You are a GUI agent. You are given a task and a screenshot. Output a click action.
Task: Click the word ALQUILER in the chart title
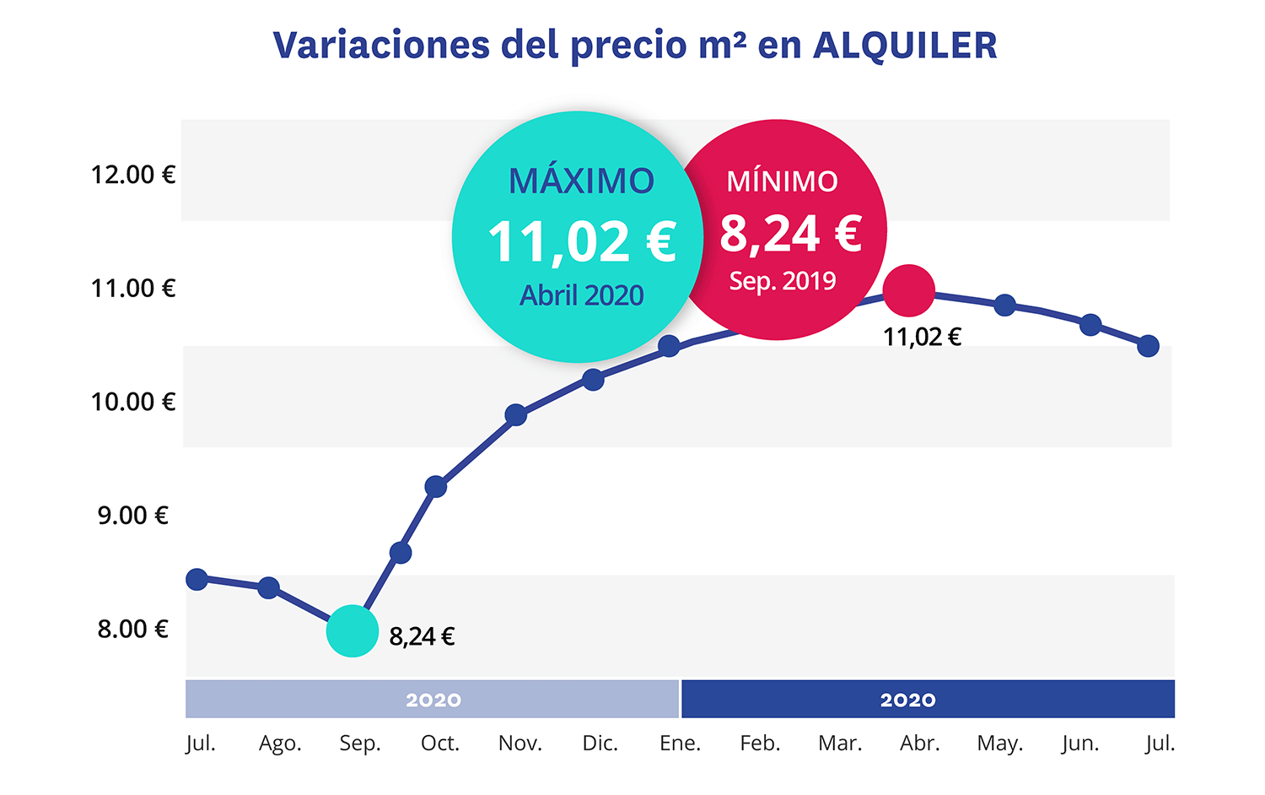[x=905, y=46]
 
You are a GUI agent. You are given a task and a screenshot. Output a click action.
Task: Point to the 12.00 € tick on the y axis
[x=133, y=175]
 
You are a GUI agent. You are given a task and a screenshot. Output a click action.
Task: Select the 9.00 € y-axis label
[x=133, y=515]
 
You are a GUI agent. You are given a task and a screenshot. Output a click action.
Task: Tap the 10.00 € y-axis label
[x=133, y=402]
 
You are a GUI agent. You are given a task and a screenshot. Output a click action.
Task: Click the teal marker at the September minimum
[x=353, y=630]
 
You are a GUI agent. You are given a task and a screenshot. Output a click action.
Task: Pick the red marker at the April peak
[x=908, y=290]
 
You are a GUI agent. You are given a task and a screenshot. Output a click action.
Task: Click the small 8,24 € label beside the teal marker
[x=422, y=636]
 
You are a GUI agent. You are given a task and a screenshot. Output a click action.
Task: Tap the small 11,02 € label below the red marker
[x=922, y=338]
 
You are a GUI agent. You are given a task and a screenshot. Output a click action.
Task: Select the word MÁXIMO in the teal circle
[x=581, y=181]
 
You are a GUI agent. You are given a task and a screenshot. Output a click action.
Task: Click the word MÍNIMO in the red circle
[x=783, y=181]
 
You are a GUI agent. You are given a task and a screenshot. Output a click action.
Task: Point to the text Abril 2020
[x=581, y=295]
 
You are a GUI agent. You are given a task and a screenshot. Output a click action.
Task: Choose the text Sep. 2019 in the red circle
[x=783, y=281]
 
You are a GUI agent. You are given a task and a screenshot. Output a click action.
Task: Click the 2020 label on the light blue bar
[x=433, y=700]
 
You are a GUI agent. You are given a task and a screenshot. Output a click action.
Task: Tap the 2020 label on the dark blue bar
[x=907, y=700]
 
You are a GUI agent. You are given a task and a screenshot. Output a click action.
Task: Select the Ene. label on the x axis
[x=680, y=744]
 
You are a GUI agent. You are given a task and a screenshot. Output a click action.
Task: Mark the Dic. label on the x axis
[x=600, y=744]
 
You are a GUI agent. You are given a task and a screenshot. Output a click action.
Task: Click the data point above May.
[x=1004, y=306]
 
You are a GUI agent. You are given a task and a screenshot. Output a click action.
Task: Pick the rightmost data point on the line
[x=1148, y=346]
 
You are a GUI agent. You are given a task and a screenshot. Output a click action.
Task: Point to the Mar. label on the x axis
[x=840, y=744]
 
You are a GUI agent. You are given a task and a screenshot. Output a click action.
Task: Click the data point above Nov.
[x=516, y=415]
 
